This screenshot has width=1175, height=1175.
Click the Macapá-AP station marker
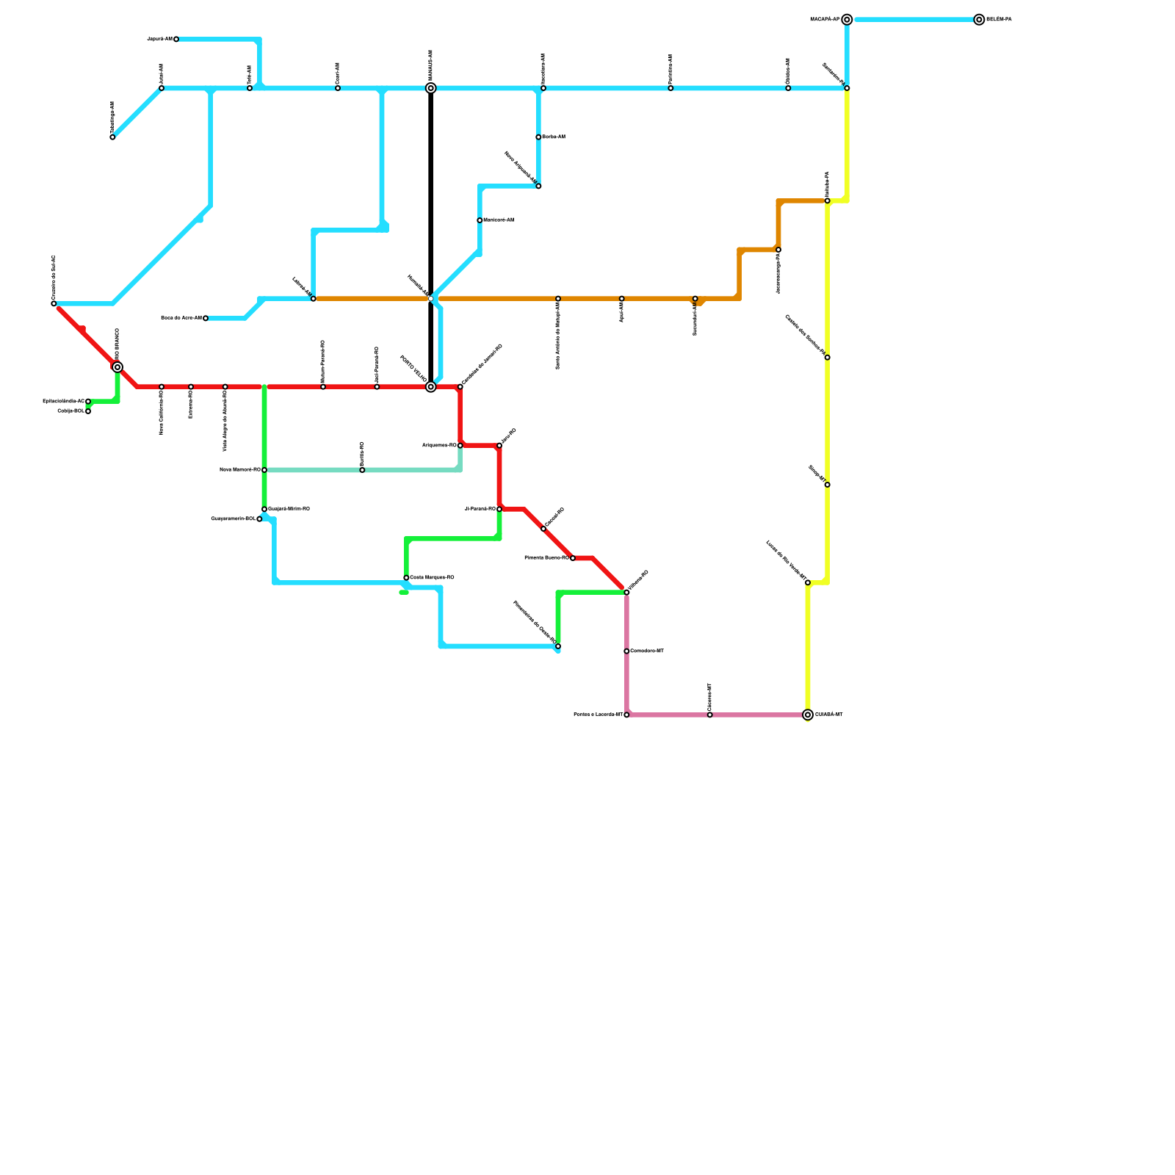point(847,20)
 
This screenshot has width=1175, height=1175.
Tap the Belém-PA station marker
point(979,20)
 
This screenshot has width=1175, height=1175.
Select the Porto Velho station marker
point(431,387)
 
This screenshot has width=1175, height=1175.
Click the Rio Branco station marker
point(117,367)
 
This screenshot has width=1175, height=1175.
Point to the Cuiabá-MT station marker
point(808,715)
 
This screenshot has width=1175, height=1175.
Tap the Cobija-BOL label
point(71,411)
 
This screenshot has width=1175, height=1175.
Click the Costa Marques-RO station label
point(432,578)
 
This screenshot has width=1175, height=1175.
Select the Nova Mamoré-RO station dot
point(264,470)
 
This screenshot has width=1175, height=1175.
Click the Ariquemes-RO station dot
point(460,446)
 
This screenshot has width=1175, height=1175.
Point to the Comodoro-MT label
point(647,651)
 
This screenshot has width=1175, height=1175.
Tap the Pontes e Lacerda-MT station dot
point(626,715)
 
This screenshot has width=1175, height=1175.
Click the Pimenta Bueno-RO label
point(546,558)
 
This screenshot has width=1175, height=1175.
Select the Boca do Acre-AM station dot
point(206,318)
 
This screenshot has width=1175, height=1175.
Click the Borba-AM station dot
point(538,137)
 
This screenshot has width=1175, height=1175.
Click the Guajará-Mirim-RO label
point(289,509)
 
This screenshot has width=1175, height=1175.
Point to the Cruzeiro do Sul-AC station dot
point(54,303)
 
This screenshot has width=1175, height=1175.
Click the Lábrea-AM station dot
point(314,299)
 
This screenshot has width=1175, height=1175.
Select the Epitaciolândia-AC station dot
point(88,402)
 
